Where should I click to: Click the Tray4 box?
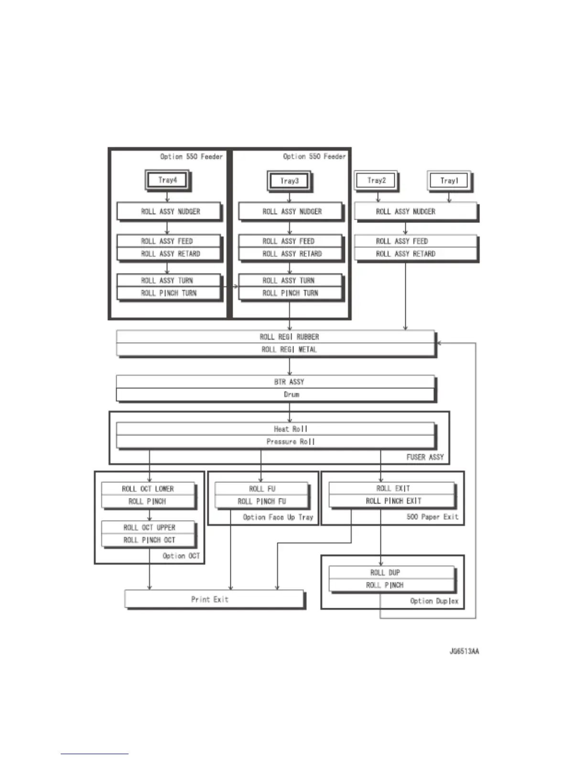pos(167,180)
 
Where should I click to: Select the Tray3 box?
pos(289,181)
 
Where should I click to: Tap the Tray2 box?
pos(376,180)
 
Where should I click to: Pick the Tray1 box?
pos(449,181)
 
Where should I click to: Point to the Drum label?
pos(291,395)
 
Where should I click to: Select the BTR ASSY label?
pos(289,382)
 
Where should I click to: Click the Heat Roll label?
pos(290,429)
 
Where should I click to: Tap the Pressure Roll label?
pos(290,441)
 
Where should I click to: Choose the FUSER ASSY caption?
pos(425,457)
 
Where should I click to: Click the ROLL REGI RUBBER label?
pos(289,337)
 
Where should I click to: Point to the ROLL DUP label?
pos(385,572)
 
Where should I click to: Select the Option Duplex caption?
pos(434,601)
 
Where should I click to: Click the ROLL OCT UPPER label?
pos(149,527)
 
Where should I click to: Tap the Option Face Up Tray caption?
pos(278,517)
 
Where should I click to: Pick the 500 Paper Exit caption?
pos(432,517)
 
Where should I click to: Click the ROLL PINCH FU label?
pos(261,502)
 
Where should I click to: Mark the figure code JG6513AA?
pos(464,651)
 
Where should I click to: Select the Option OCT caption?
pos(181,556)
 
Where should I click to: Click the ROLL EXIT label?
pos(393,489)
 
